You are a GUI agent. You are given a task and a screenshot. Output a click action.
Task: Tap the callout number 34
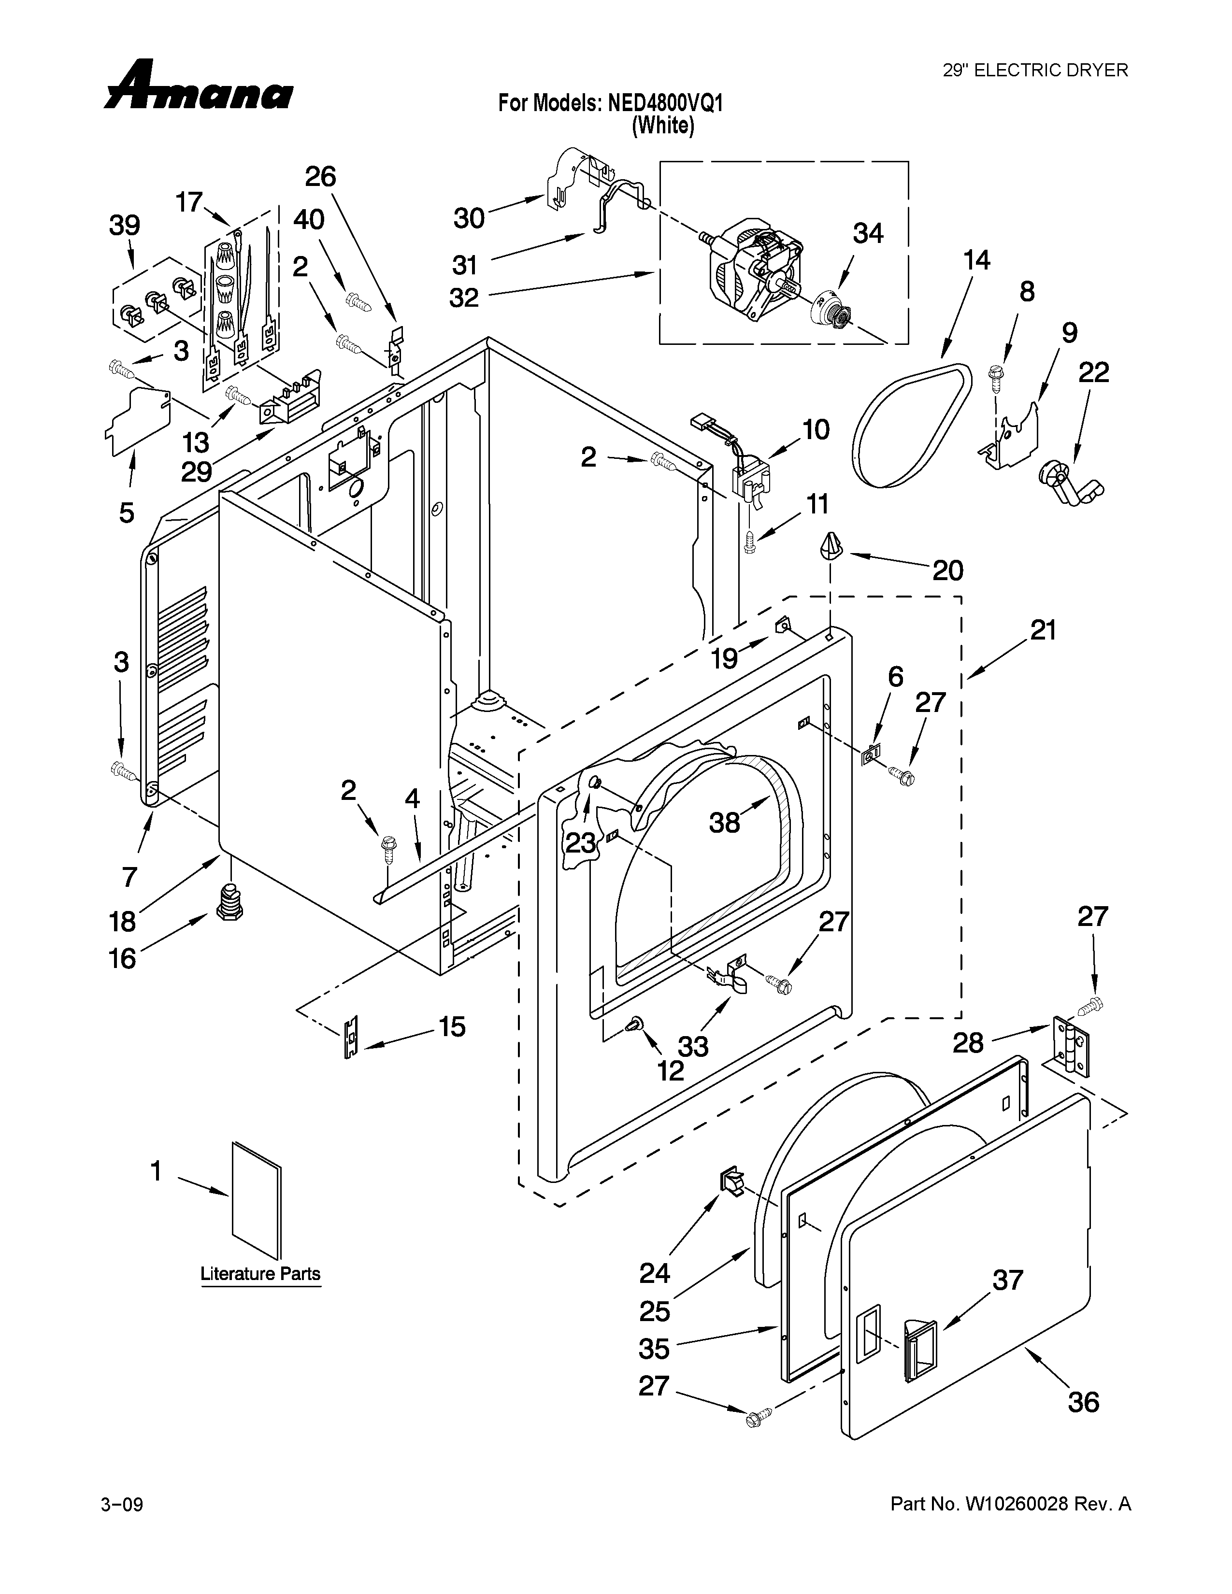click(868, 234)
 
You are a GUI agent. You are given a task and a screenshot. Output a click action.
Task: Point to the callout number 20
click(947, 571)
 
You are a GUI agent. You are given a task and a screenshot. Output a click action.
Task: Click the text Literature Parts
click(260, 1274)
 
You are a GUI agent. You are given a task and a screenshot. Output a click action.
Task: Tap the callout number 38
click(724, 823)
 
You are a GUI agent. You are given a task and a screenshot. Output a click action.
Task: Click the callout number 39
click(125, 226)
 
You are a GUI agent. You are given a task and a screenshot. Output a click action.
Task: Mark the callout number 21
click(1043, 630)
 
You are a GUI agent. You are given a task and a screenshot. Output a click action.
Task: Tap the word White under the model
click(663, 126)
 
